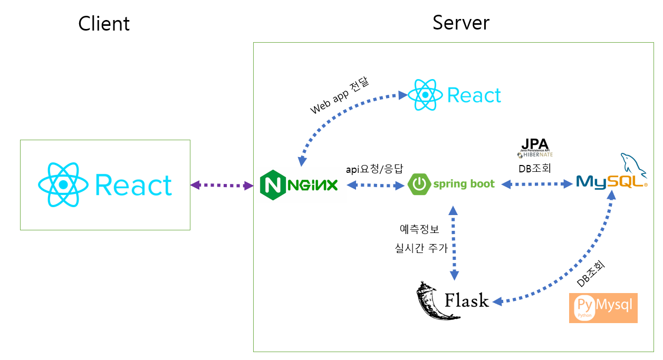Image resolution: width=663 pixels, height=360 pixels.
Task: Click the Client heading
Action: click(104, 24)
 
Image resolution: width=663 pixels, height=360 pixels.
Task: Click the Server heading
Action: click(460, 23)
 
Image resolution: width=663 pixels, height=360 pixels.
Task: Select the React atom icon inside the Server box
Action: click(426, 95)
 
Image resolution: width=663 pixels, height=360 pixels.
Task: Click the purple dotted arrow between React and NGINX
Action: click(222, 185)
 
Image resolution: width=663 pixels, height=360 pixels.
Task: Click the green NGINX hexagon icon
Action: click(273, 185)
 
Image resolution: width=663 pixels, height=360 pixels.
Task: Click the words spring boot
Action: click(464, 184)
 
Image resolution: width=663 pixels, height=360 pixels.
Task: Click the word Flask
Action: click(466, 300)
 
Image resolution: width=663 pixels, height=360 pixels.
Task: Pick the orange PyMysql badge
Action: click(603, 308)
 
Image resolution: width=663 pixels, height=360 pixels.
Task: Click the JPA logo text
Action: click(535, 144)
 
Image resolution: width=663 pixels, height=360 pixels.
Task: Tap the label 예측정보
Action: click(419, 229)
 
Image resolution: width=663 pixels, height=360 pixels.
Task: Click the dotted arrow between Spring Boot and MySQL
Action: click(537, 184)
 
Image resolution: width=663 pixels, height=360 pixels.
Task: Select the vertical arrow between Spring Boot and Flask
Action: click(453, 242)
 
